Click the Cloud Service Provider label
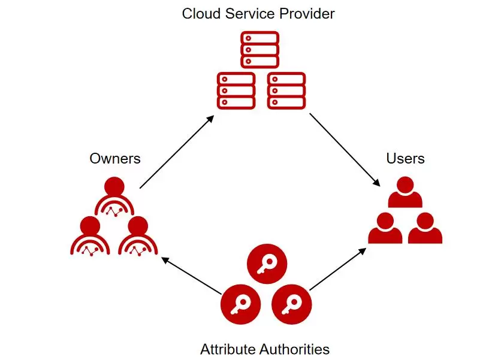click(258, 13)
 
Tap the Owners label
click(115, 159)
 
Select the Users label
click(405, 159)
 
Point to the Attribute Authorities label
click(265, 349)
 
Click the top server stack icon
click(260, 50)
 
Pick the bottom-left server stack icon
click(236, 90)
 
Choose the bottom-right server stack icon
click(286, 90)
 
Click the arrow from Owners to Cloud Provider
click(176, 152)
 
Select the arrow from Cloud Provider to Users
click(345, 149)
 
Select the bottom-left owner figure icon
click(90, 236)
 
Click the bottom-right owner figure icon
click(138, 236)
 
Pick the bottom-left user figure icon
click(385, 228)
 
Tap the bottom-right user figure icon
click(425, 228)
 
